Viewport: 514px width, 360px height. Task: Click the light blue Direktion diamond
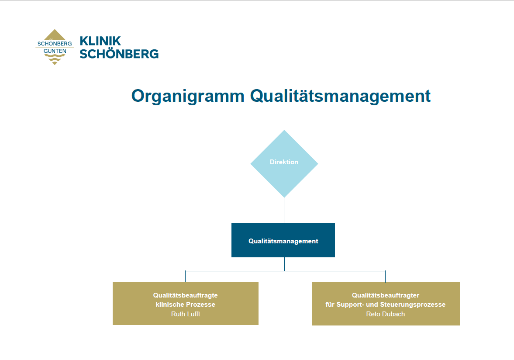284,163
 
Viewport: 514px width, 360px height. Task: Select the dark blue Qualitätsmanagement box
283,240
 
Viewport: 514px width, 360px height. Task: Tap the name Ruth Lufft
186,314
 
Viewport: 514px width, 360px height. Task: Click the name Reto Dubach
386,314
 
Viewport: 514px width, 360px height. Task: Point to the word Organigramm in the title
188,97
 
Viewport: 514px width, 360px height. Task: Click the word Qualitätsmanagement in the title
340,96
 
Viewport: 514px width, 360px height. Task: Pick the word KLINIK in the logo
100,41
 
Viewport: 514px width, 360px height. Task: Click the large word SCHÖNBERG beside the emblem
119,54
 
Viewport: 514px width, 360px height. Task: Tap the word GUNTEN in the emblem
55,51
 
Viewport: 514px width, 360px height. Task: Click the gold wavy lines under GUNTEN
55,59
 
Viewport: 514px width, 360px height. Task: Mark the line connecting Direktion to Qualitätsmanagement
284,211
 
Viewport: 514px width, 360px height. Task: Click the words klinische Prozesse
186,305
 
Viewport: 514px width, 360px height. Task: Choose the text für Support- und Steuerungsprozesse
386,305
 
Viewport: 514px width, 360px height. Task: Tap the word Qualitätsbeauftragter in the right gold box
386,295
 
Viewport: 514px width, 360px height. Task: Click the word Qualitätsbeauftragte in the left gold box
186,295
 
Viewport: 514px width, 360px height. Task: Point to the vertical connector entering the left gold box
185,277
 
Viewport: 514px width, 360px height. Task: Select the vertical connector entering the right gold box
385,277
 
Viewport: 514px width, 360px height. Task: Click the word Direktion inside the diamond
284,162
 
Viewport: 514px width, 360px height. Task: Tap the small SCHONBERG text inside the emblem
55,44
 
